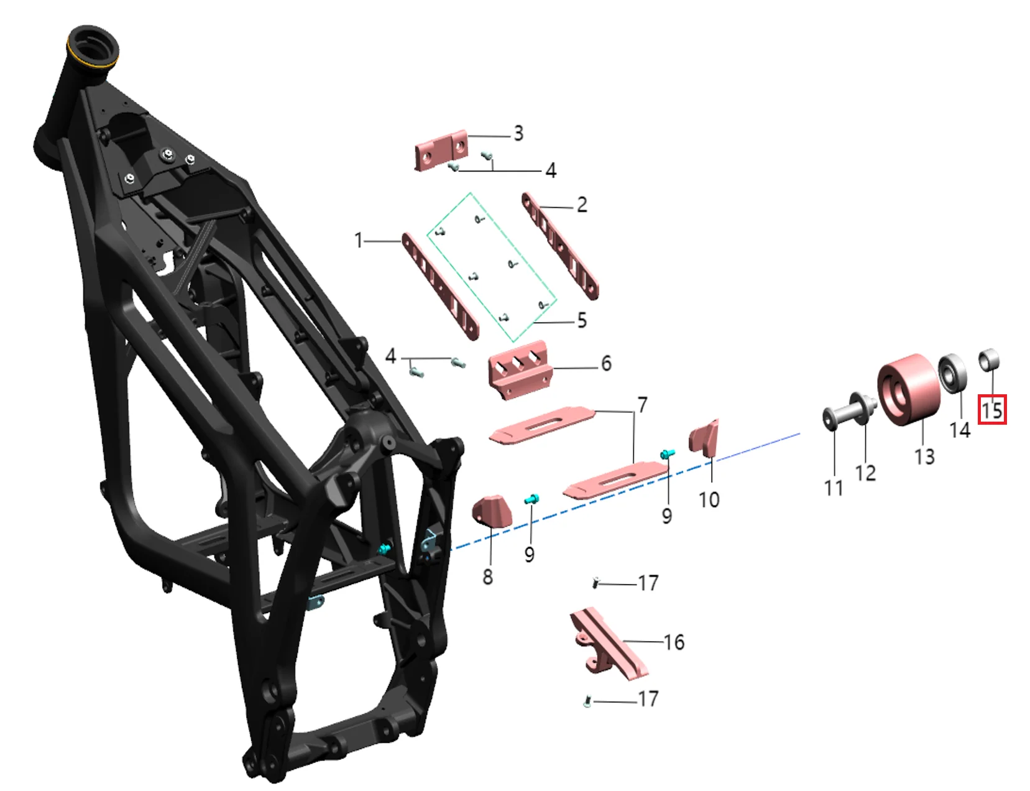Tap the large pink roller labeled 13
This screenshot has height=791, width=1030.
click(x=909, y=390)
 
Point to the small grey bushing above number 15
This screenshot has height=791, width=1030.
click(x=989, y=359)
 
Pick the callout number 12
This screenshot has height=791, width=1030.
click(x=865, y=473)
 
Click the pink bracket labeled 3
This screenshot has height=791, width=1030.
click(x=441, y=150)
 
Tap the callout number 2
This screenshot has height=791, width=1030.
click(x=582, y=205)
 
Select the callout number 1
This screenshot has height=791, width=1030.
click(x=359, y=241)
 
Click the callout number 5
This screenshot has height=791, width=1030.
click(x=582, y=321)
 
